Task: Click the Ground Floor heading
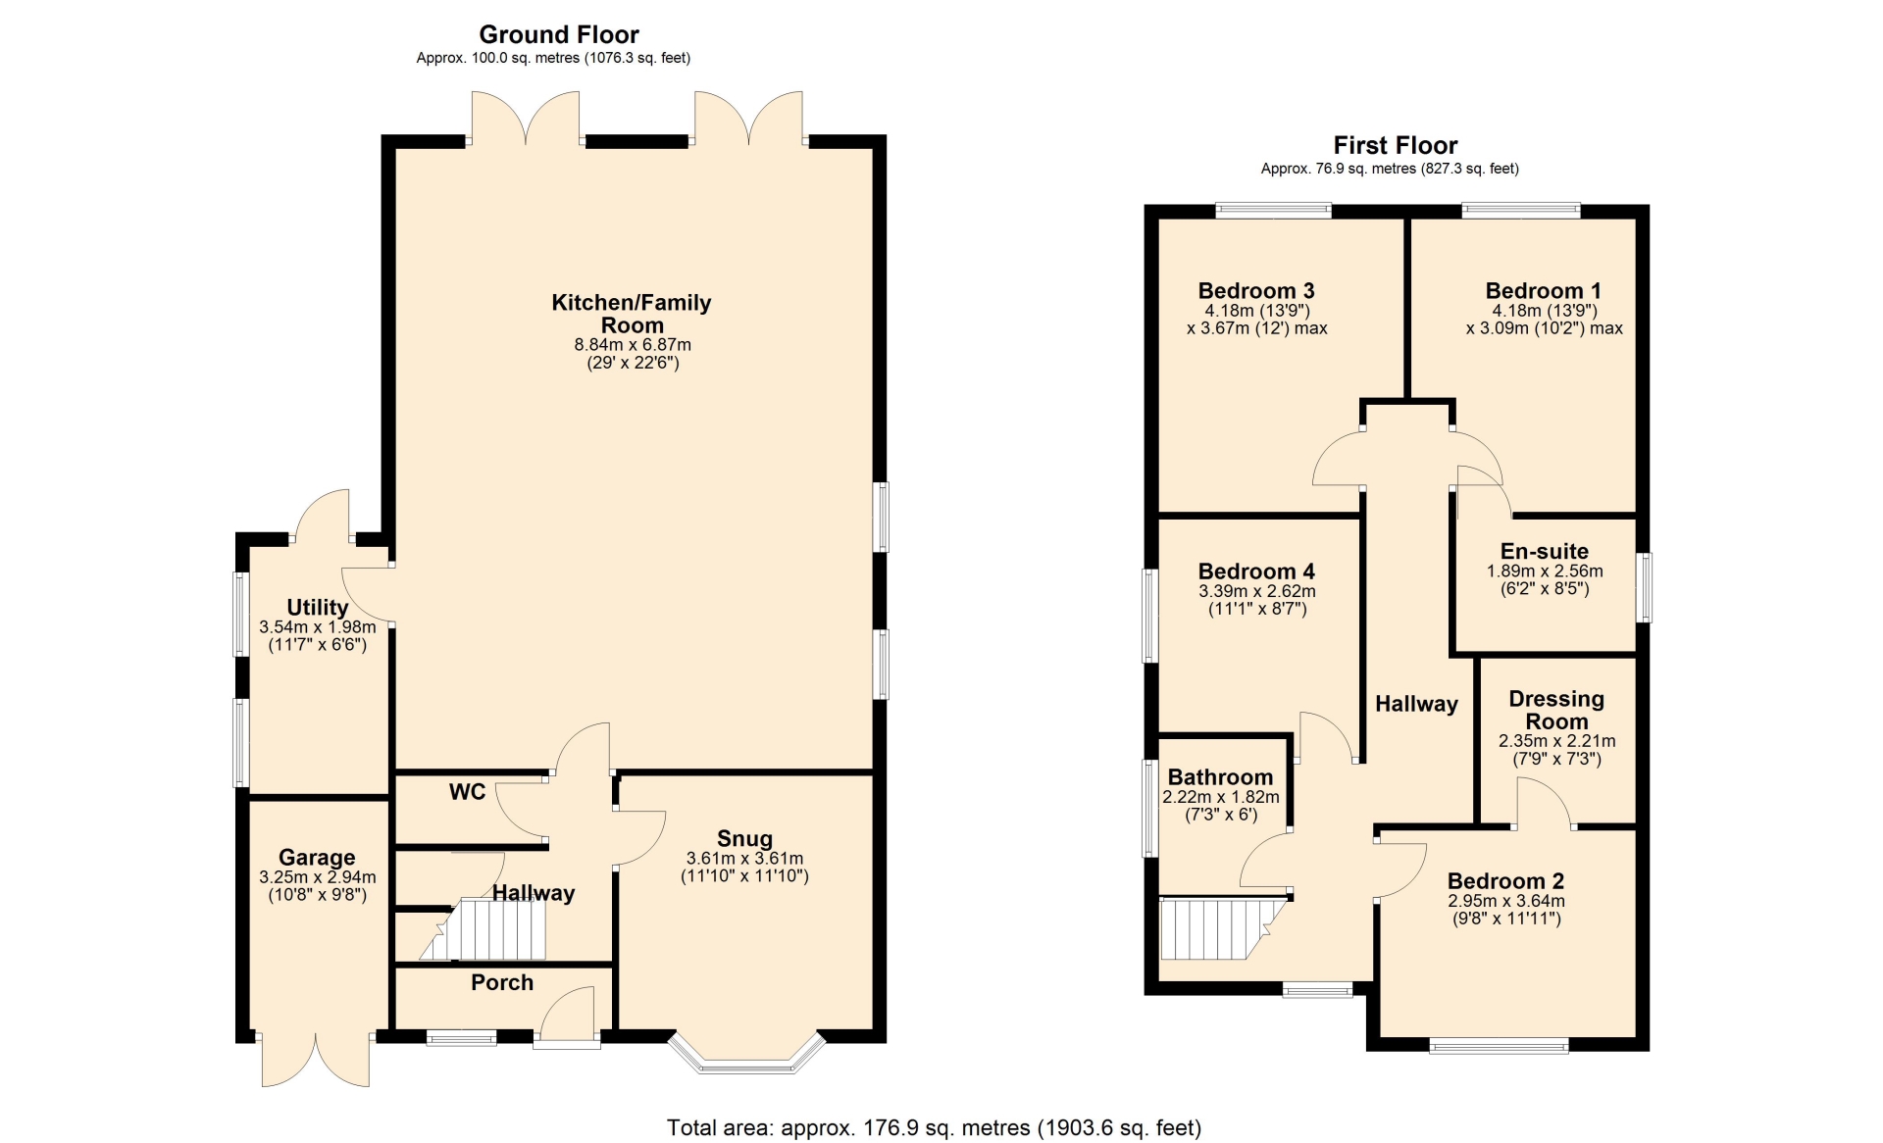tap(559, 34)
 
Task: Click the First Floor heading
tap(1396, 146)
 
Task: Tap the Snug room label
tap(744, 838)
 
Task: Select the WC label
tap(468, 792)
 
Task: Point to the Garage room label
tap(317, 858)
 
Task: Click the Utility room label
tap(318, 608)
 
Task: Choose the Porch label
tap(502, 982)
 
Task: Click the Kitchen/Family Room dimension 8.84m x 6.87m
tap(633, 345)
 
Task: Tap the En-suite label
tap(1545, 551)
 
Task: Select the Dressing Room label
tap(1556, 710)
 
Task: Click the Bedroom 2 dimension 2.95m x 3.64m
tap(1506, 901)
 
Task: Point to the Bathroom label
tap(1220, 777)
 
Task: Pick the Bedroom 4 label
tap(1256, 571)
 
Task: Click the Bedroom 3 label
tap(1256, 291)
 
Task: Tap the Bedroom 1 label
tap(1544, 291)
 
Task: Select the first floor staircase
tap(1222, 928)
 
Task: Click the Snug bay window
tap(748, 1051)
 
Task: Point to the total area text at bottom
tap(934, 1128)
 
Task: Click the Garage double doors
tap(316, 1060)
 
